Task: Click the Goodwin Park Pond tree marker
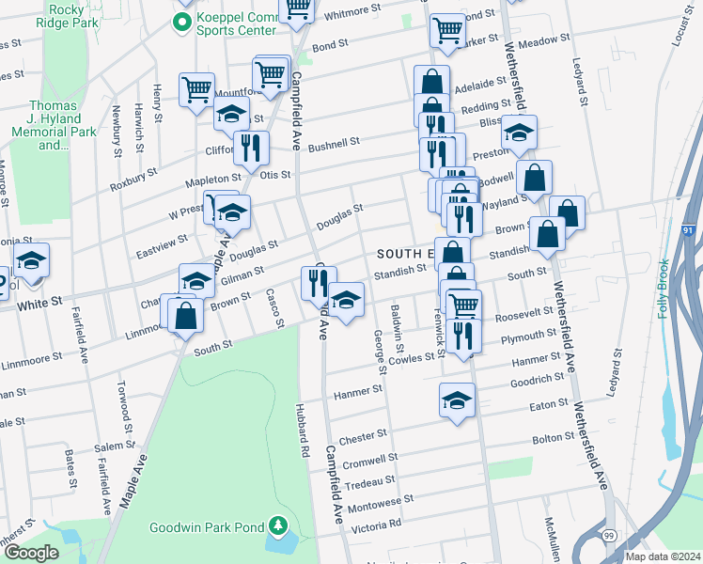pos(277,525)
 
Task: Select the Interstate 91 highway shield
pos(689,228)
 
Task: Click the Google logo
pos(30,553)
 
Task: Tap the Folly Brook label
pos(664,292)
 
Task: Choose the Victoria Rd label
pos(375,523)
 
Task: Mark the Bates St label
pos(71,467)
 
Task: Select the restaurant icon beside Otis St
pos(251,148)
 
